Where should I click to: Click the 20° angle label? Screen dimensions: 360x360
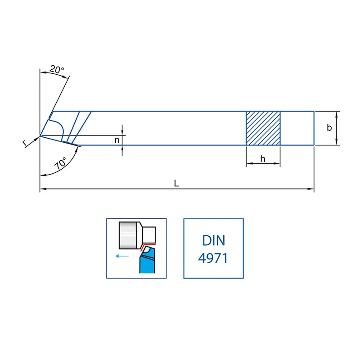(57, 69)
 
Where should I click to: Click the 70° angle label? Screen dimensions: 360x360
(60, 163)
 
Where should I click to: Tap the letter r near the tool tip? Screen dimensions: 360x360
(25, 143)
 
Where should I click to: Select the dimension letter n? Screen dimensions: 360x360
(117, 140)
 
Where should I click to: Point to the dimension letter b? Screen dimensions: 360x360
(329, 128)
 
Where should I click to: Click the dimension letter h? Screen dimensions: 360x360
(263, 159)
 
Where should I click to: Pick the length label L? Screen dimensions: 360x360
(176, 183)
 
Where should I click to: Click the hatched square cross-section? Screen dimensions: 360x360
(263, 128)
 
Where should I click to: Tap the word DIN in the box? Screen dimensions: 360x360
(213, 240)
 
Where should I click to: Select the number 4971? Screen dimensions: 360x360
(213, 258)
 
